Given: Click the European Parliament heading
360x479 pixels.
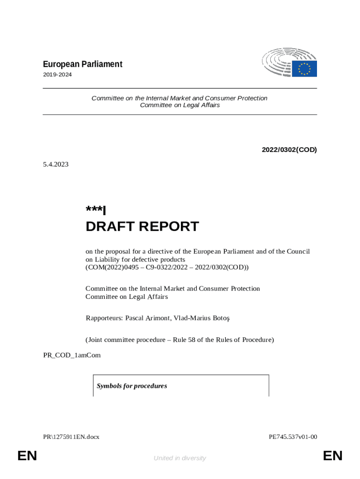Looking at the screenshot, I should coord(83,64).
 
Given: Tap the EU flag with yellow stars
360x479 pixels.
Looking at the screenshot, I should coord(304,69).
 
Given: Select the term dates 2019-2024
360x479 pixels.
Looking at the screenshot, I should coord(58,75).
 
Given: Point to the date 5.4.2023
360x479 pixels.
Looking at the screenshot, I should coord(56,164).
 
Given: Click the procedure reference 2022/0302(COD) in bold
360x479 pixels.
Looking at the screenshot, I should coord(289,150).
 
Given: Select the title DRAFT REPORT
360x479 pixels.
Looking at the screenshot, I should coord(142,227).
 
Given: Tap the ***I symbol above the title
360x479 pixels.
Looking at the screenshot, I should coord(96,210).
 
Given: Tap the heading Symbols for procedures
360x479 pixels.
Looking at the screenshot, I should coord(132,386).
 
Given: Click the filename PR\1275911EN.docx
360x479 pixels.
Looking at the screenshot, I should coord(71,437).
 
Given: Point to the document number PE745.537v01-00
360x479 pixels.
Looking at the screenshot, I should coord(293,437).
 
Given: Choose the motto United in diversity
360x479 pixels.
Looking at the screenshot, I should coord(180,458).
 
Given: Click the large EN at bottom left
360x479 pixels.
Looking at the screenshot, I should coord(27,456).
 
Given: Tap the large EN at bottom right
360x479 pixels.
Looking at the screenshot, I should coord(332,456).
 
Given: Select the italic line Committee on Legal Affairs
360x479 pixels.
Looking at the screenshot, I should coord(180,105).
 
